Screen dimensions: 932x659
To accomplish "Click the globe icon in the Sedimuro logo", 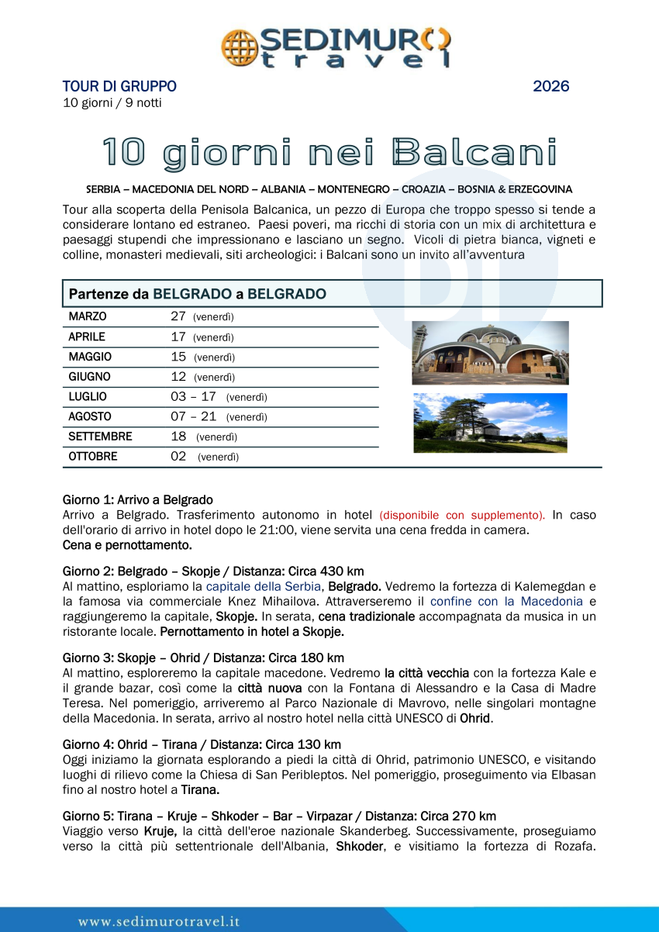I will click(240, 47).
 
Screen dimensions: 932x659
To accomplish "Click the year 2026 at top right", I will click(550, 86).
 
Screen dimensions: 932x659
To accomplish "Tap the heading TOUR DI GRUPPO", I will click(119, 86).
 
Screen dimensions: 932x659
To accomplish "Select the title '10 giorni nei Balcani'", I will click(330, 153).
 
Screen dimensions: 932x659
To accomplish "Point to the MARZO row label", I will click(88, 316).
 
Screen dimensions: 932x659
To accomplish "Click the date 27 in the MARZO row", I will click(178, 316).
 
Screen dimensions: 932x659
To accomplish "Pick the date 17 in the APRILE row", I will click(178, 337).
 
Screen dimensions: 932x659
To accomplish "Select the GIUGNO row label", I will click(90, 377).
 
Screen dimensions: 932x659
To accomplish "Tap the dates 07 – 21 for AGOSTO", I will click(193, 416).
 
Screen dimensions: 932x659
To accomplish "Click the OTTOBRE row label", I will click(93, 457).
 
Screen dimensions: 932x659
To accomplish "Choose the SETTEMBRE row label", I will click(100, 437).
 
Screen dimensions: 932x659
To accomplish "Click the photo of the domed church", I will click(490, 353).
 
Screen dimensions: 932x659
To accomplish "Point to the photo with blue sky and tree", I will click(490, 423).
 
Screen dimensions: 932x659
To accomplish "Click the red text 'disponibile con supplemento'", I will click(462, 515).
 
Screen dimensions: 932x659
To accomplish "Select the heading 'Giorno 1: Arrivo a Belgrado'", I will click(138, 500).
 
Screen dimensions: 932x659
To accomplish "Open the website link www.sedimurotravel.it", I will click(159, 921).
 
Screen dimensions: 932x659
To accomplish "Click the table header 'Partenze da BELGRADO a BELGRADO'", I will click(198, 294).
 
